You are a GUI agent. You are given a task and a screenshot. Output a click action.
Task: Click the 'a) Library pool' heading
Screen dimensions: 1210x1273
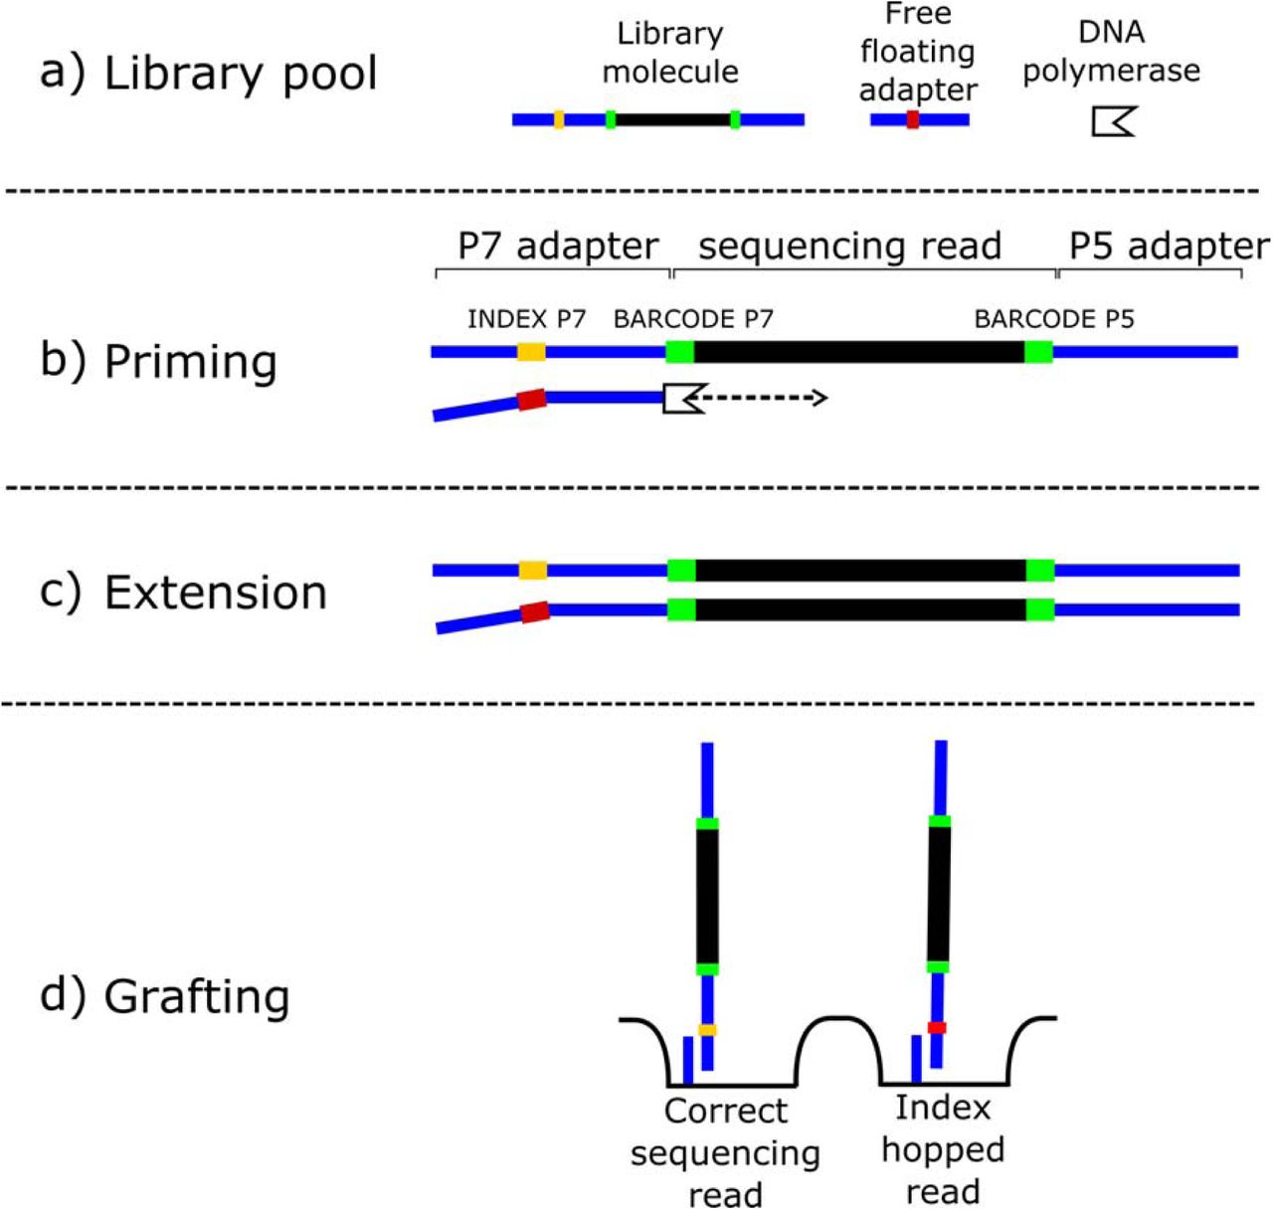click(209, 75)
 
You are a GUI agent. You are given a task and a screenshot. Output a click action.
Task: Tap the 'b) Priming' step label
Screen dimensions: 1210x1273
click(158, 361)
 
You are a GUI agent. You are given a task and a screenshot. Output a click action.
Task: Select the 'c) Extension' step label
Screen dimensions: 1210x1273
click(183, 593)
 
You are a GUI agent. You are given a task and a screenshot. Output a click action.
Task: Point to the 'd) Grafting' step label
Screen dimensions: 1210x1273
click(164, 995)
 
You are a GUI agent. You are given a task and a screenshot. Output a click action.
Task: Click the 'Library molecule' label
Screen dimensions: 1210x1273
click(670, 53)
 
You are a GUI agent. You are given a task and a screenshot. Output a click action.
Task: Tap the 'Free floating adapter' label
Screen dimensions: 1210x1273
click(918, 52)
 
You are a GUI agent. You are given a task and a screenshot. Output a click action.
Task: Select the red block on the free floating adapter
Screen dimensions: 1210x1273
click(912, 120)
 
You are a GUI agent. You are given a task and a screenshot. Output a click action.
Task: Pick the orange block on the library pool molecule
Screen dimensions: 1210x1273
click(559, 120)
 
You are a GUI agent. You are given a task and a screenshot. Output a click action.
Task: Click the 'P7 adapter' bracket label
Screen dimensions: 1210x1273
click(558, 247)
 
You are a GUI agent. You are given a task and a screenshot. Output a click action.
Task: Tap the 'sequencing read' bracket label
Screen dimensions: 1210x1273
click(849, 247)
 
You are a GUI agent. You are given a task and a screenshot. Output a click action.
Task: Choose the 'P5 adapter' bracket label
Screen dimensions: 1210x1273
click(1169, 247)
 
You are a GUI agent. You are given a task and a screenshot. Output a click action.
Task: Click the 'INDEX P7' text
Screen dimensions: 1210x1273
click(526, 319)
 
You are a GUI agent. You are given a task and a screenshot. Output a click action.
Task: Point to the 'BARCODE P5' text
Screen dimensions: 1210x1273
click(1054, 319)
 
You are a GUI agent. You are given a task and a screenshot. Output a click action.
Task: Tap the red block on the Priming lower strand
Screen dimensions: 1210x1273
click(531, 400)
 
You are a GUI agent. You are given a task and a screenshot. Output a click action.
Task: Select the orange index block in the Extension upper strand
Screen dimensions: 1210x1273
click(533, 570)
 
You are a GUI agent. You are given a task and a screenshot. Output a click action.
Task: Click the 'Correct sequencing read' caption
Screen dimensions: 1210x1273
click(725, 1152)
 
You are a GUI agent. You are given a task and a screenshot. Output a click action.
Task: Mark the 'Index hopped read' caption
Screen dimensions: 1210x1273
click(943, 1149)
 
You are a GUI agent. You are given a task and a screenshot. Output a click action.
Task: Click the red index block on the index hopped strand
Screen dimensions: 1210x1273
click(937, 1027)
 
